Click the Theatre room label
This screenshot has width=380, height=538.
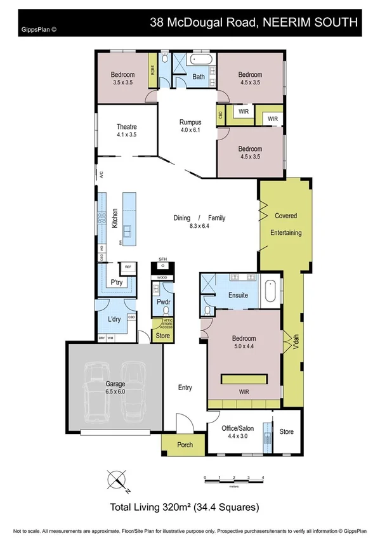tap(127, 126)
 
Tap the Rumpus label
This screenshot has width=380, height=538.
tap(190, 122)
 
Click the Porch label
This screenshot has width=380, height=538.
tap(185, 445)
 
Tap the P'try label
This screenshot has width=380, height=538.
tap(116, 282)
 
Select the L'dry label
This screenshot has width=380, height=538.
tap(115, 320)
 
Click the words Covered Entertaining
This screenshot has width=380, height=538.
tap(285, 224)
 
